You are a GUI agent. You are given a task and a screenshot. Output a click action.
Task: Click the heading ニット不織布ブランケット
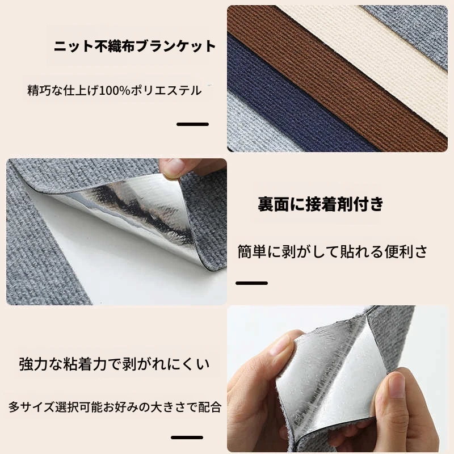coord(135,47)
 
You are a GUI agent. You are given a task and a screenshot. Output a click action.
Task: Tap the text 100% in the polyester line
coord(115,91)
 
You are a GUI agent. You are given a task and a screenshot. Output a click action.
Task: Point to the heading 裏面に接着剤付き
coord(321,204)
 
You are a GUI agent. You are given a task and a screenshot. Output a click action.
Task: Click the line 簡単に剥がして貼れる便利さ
coord(333,251)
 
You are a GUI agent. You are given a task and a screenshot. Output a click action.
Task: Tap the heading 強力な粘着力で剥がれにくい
coord(114,364)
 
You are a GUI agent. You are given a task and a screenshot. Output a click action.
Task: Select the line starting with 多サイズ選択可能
coord(115,407)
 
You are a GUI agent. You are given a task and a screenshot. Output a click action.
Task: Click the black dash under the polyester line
coord(192,124)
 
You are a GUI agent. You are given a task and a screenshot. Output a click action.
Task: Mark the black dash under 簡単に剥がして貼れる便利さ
coord(251,283)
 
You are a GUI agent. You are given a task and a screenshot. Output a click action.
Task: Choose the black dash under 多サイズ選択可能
coord(187,437)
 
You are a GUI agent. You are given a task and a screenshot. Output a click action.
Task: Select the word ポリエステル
coord(166,91)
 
